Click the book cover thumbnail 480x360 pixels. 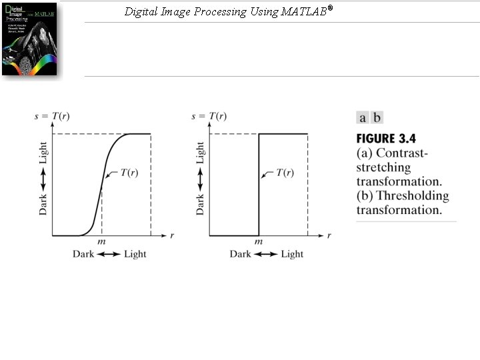[x=29, y=38]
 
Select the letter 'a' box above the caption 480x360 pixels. [x=363, y=118]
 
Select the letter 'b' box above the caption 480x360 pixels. [x=377, y=118]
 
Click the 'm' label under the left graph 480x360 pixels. [x=101, y=241]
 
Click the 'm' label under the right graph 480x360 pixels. [x=259, y=241]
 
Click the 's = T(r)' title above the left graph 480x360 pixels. [x=52, y=117]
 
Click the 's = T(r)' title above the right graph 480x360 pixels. [x=209, y=117]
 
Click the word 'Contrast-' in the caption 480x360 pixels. [x=403, y=153]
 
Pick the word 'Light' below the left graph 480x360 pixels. [x=135, y=254]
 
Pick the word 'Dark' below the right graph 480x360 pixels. [x=241, y=254]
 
